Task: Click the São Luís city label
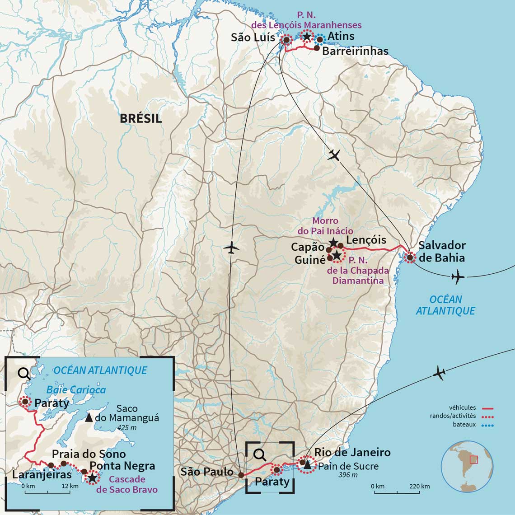coord(253,37)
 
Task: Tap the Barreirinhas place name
coord(355,51)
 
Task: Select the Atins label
coord(341,36)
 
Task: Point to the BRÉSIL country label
coord(140,119)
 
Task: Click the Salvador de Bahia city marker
coord(410,258)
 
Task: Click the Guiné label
coord(310,260)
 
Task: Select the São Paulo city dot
coord(241,475)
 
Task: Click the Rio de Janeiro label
coord(352,452)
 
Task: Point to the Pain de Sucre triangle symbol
coord(307,464)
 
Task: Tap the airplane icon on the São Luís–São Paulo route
coord(231,248)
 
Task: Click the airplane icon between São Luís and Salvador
coord(334,155)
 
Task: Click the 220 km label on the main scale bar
coord(420,487)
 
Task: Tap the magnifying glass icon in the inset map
coord(23,373)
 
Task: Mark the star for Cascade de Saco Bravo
coord(92,478)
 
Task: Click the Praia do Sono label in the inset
coord(89,454)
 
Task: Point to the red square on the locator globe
coord(473,459)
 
